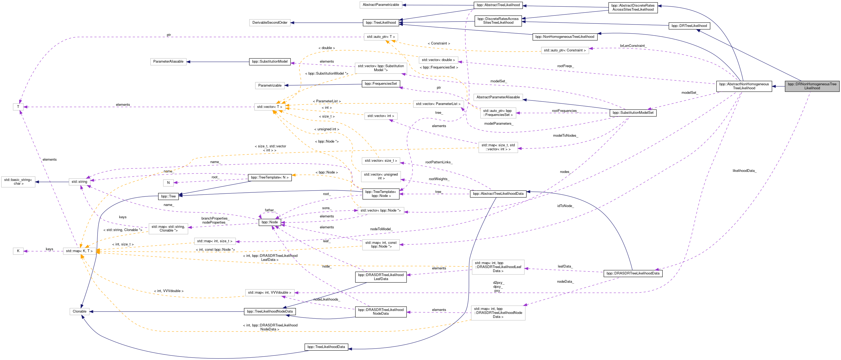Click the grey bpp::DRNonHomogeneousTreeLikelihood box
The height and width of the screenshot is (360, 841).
pos(812,86)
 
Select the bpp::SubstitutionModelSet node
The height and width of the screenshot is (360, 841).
pos(633,113)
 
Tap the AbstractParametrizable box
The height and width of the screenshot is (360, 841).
pos(381,5)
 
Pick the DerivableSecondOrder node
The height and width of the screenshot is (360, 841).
pos(270,23)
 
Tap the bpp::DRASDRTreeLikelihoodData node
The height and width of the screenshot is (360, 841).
pos(633,273)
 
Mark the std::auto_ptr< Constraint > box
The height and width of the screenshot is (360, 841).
pos(565,51)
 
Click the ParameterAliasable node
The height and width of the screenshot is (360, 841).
pos(168,62)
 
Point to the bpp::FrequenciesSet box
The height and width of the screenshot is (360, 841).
pos(381,84)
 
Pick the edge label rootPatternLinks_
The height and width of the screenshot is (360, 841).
pos(439,162)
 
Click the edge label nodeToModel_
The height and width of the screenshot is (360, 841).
pos(381,229)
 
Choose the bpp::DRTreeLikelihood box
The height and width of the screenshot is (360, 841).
pos(689,26)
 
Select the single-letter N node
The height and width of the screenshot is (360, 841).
pos(168,183)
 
